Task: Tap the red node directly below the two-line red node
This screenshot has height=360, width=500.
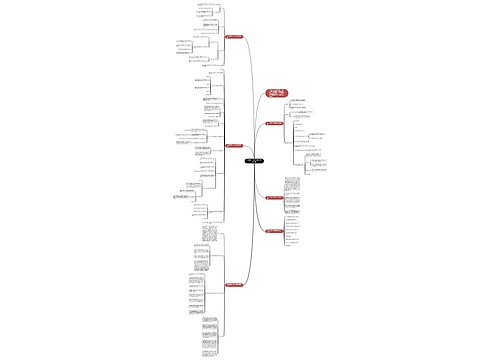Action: click(x=273, y=123)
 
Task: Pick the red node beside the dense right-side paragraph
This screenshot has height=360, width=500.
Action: click(x=273, y=198)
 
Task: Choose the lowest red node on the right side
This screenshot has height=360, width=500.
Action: click(x=273, y=231)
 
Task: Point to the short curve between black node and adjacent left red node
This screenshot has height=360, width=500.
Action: click(x=244, y=153)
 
